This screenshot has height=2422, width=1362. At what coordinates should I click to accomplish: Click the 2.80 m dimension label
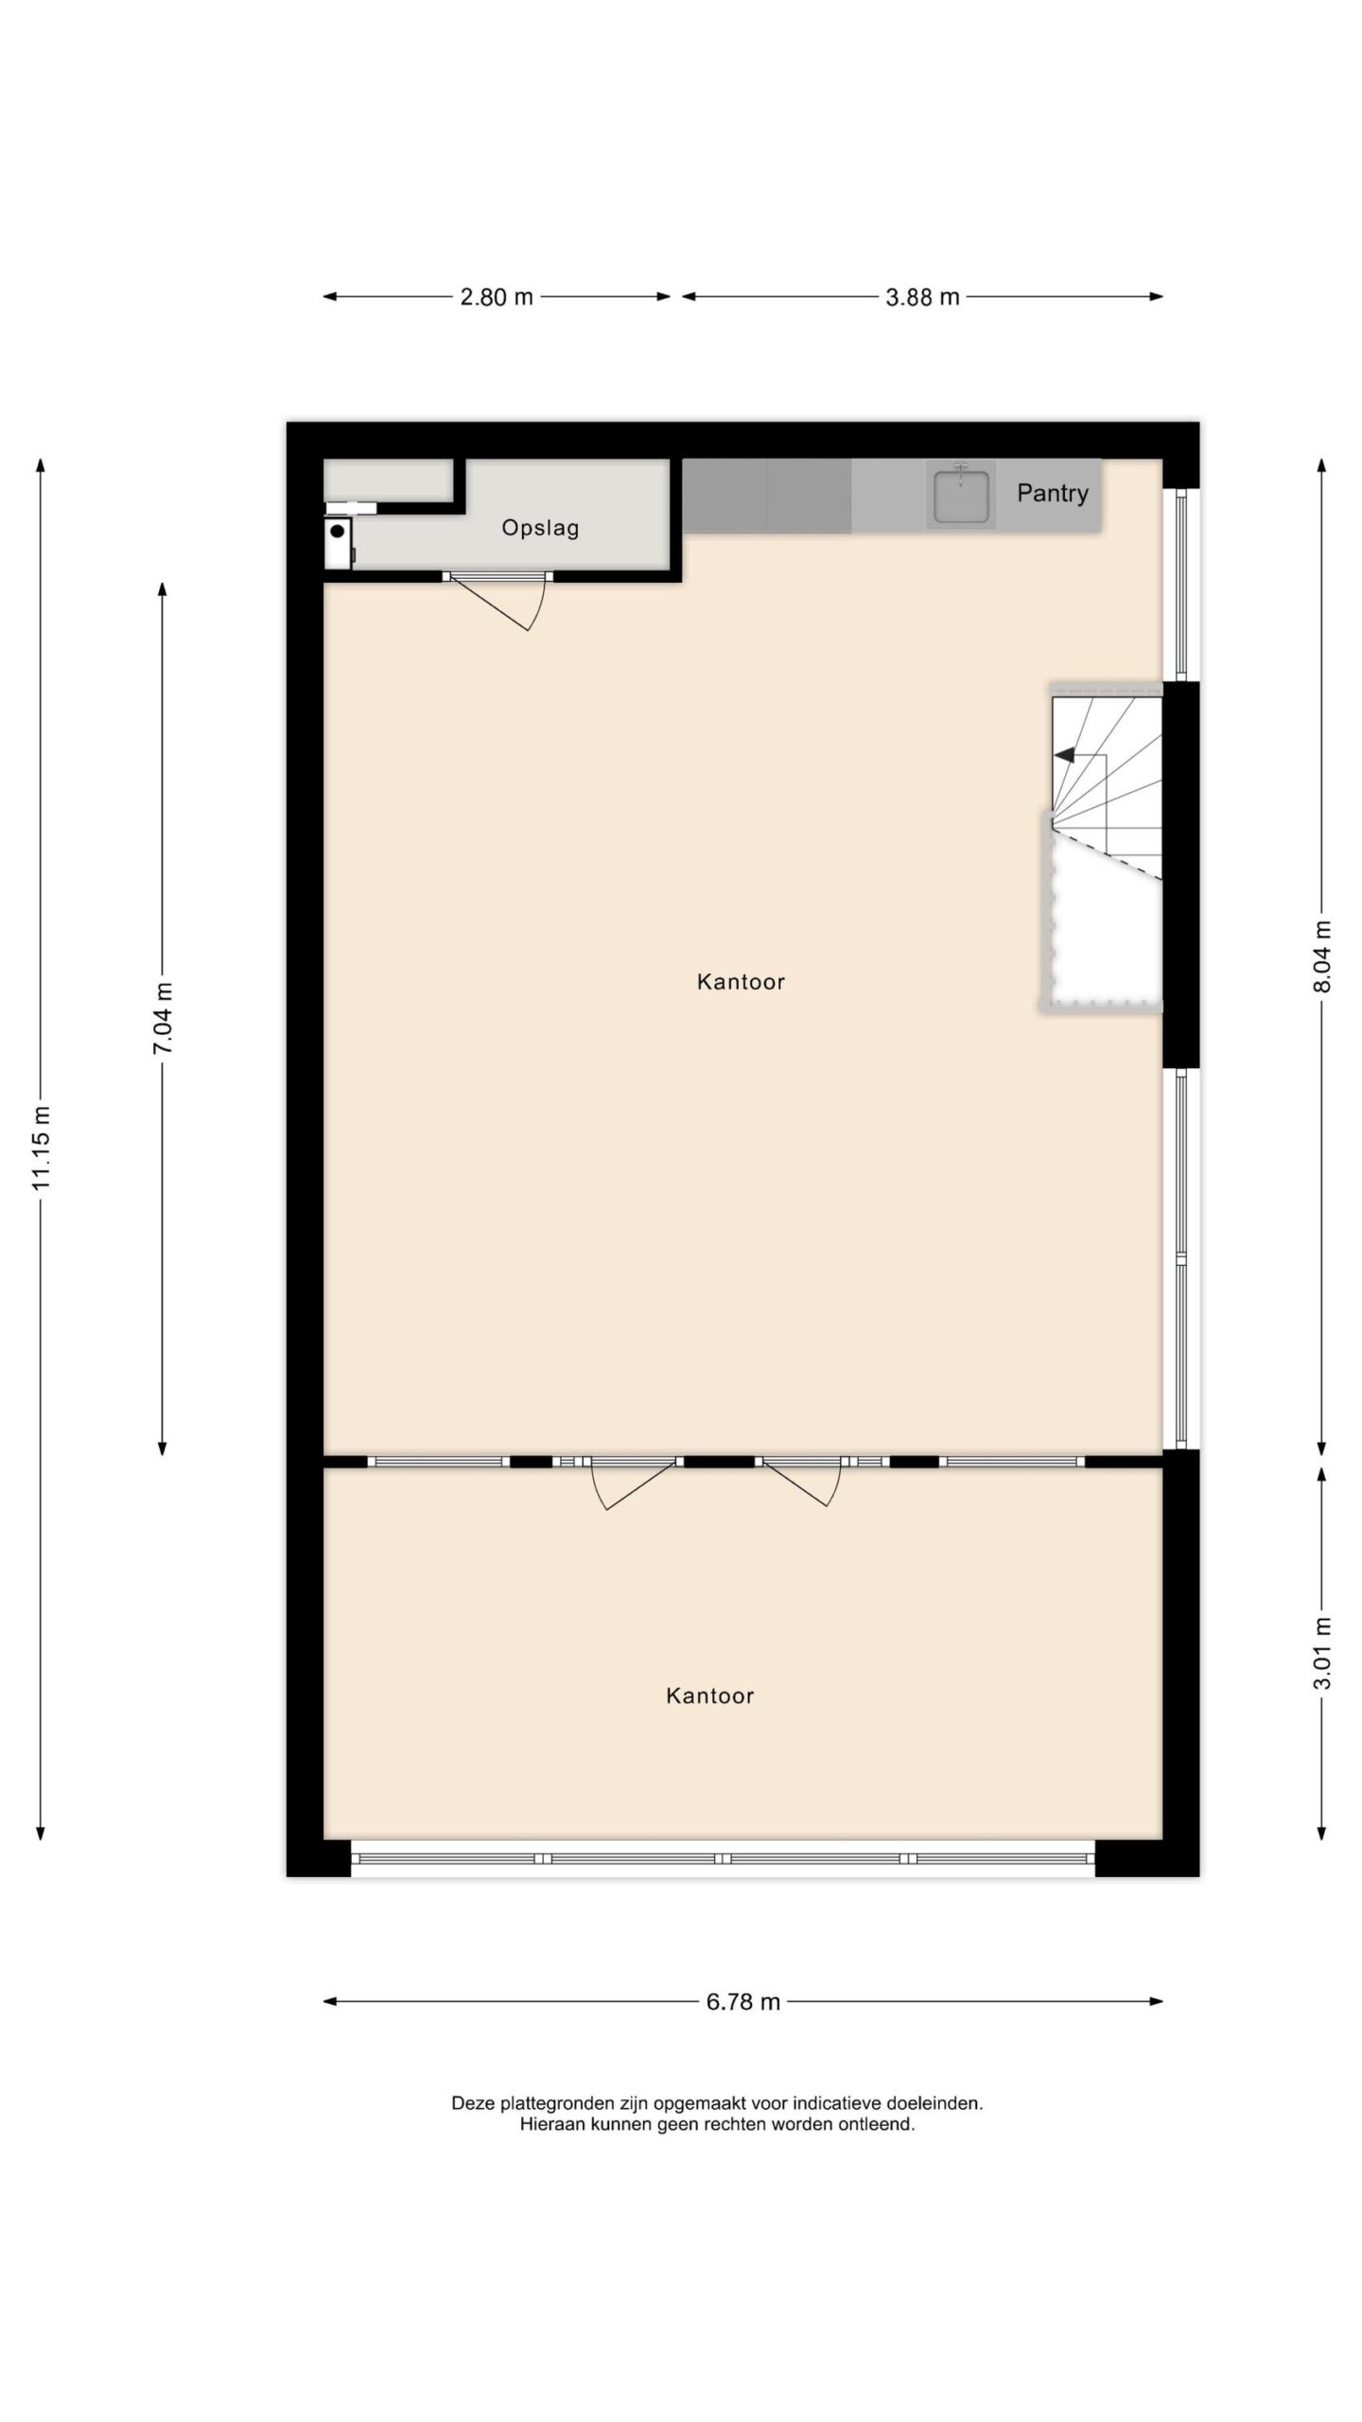[497, 297]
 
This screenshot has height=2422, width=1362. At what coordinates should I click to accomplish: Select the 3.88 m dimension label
[922, 297]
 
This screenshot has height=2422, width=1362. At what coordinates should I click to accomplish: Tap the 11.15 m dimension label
[41, 1148]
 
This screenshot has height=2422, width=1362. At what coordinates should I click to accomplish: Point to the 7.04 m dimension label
[164, 1018]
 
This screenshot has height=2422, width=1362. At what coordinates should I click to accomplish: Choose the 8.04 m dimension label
[1322, 956]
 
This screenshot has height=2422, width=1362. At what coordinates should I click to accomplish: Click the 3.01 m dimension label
[1322, 1653]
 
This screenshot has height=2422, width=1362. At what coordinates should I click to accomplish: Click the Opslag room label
[540, 528]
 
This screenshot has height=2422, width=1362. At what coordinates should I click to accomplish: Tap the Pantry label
[1053, 493]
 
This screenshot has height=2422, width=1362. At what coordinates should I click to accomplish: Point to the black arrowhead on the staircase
[1065, 755]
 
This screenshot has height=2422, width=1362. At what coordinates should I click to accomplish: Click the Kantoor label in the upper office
[741, 982]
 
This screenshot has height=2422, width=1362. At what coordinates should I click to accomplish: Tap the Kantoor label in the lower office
[710, 1696]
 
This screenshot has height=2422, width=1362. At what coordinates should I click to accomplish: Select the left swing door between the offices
[632, 1483]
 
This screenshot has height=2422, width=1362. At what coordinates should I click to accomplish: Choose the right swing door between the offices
[800, 1482]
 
